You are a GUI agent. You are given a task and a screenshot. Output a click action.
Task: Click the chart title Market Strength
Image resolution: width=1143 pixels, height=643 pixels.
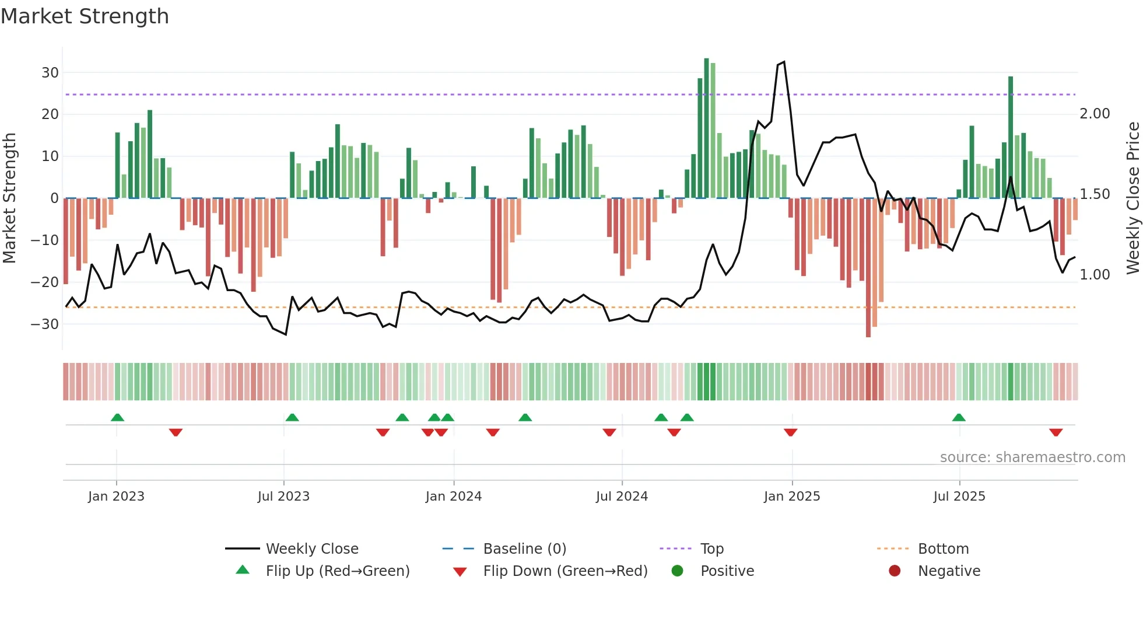pos(85,16)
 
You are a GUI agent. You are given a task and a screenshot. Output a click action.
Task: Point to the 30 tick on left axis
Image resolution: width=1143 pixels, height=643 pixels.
pos(50,73)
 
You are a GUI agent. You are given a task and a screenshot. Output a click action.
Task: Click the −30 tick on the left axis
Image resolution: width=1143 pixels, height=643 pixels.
pos(45,324)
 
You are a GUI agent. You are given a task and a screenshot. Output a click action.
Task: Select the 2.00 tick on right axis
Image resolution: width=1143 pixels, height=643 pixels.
pos(1095,114)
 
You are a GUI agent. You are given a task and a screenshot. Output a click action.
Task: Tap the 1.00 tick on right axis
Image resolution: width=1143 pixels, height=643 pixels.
pos(1095,275)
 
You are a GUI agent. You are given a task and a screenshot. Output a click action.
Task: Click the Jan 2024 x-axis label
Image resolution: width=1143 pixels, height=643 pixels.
pos(453,497)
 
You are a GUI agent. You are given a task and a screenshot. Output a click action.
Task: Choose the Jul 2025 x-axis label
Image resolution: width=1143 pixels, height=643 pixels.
pos(959,497)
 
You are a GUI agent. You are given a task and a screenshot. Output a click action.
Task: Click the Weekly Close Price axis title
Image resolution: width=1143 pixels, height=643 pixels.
pos(1133,198)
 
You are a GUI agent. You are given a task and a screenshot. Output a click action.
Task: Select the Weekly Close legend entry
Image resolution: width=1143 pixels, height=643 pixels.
pos(312,549)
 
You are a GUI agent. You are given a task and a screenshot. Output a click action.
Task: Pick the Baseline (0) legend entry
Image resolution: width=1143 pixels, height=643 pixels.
pos(524,549)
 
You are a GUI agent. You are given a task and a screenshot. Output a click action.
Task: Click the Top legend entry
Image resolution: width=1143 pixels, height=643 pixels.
pos(711,549)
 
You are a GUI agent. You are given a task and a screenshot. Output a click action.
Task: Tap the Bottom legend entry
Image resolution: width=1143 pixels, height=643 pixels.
pos(943,549)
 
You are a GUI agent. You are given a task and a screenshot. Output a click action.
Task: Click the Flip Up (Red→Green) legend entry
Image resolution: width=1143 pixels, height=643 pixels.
pos(337,571)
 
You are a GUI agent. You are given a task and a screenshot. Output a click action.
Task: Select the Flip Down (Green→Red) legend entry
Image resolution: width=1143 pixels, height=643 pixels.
pos(565,571)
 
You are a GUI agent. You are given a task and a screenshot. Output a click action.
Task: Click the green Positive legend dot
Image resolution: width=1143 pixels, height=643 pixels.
pos(677,571)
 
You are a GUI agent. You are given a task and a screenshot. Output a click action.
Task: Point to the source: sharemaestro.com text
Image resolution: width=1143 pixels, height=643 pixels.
pos(1032,457)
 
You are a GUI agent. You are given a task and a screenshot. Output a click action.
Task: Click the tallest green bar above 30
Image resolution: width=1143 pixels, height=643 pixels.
pos(706,128)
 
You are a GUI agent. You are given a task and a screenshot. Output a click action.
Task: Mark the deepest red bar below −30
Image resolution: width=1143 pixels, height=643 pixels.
pos(868,268)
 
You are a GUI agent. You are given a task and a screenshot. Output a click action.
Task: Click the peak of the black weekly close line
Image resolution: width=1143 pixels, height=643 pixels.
pos(783,62)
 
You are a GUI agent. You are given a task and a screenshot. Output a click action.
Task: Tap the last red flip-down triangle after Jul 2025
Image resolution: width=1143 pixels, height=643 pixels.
pos(1056,432)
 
